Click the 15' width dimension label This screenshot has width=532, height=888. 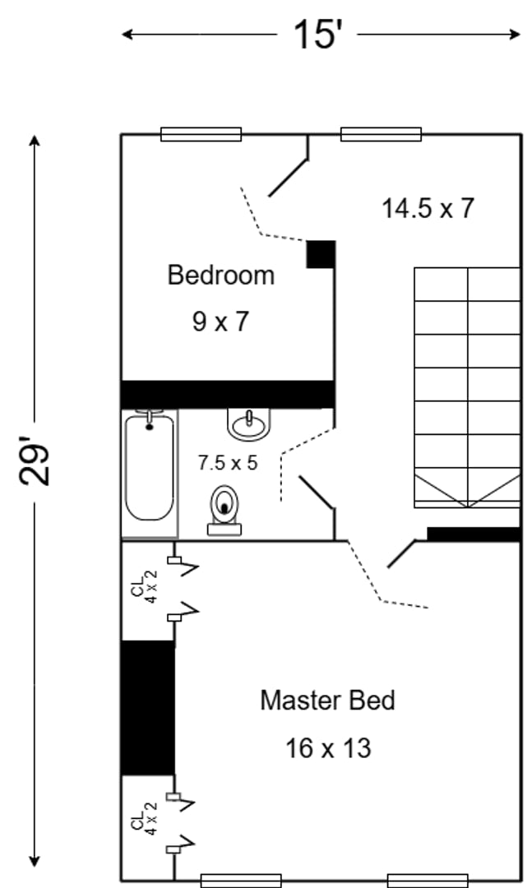point(318,34)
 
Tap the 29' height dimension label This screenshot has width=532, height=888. point(35,460)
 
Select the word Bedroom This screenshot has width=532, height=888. point(221,275)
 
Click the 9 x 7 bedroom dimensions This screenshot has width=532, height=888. point(220,321)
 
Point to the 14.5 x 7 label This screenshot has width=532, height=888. point(428,208)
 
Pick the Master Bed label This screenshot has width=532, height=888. point(327,701)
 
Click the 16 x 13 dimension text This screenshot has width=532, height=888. point(328,748)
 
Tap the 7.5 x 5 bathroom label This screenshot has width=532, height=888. point(228,463)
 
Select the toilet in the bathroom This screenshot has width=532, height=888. point(224,511)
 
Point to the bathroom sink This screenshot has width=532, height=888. point(248,423)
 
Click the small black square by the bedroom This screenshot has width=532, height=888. point(322,254)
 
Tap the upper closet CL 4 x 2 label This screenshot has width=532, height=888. point(145,587)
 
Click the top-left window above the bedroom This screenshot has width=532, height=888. point(201,134)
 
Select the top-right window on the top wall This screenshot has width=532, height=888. point(381,134)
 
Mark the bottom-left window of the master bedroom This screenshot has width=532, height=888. point(242,881)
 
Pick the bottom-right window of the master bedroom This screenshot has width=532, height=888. point(428,881)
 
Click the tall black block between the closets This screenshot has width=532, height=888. point(148,708)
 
